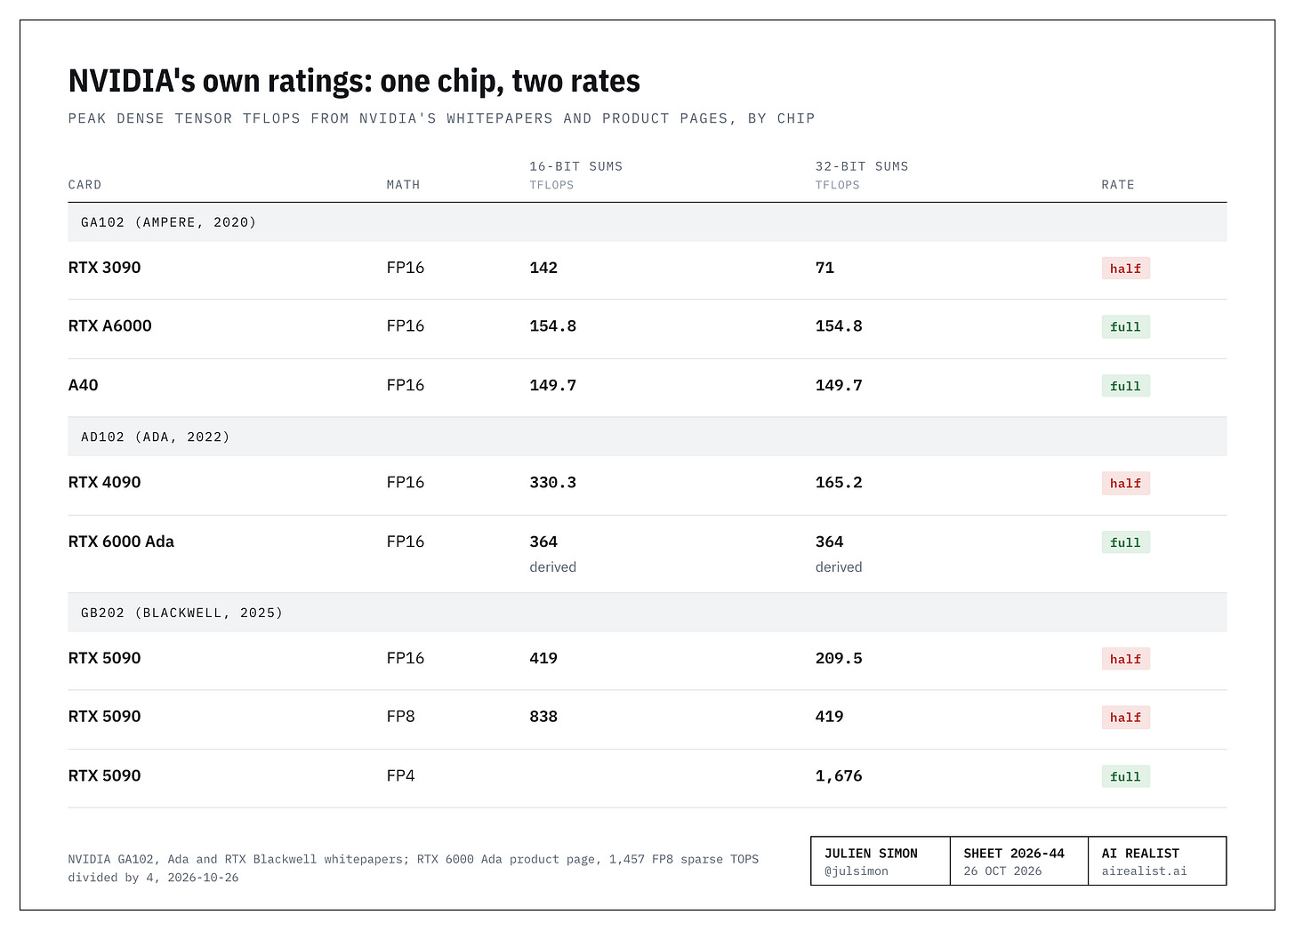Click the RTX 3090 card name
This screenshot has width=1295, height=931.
(104, 268)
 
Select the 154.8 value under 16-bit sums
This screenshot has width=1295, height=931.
(552, 326)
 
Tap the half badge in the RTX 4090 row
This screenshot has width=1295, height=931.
(1125, 483)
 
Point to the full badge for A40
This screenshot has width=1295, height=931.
(1125, 385)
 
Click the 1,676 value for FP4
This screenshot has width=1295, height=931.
(838, 775)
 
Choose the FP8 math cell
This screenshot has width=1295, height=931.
(400, 717)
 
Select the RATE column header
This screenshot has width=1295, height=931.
(1117, 184)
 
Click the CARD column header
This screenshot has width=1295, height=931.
(85, 184)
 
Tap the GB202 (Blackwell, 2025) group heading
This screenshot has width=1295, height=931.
(181, 613)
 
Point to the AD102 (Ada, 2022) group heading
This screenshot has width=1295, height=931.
(155, 437)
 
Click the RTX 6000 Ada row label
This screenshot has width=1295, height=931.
(121, 542)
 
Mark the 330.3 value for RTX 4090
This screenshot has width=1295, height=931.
(552, 483)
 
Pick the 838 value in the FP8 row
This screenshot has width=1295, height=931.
(543, 717)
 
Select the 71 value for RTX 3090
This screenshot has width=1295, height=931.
(824, 268)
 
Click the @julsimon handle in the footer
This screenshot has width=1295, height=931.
(857, 871)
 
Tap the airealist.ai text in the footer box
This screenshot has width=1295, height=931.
(1144, 871)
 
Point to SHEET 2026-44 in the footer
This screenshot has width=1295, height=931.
(1013, 854)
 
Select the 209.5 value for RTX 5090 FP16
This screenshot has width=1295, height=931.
(838, 658)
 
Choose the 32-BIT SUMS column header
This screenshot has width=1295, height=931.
(861, 166)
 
